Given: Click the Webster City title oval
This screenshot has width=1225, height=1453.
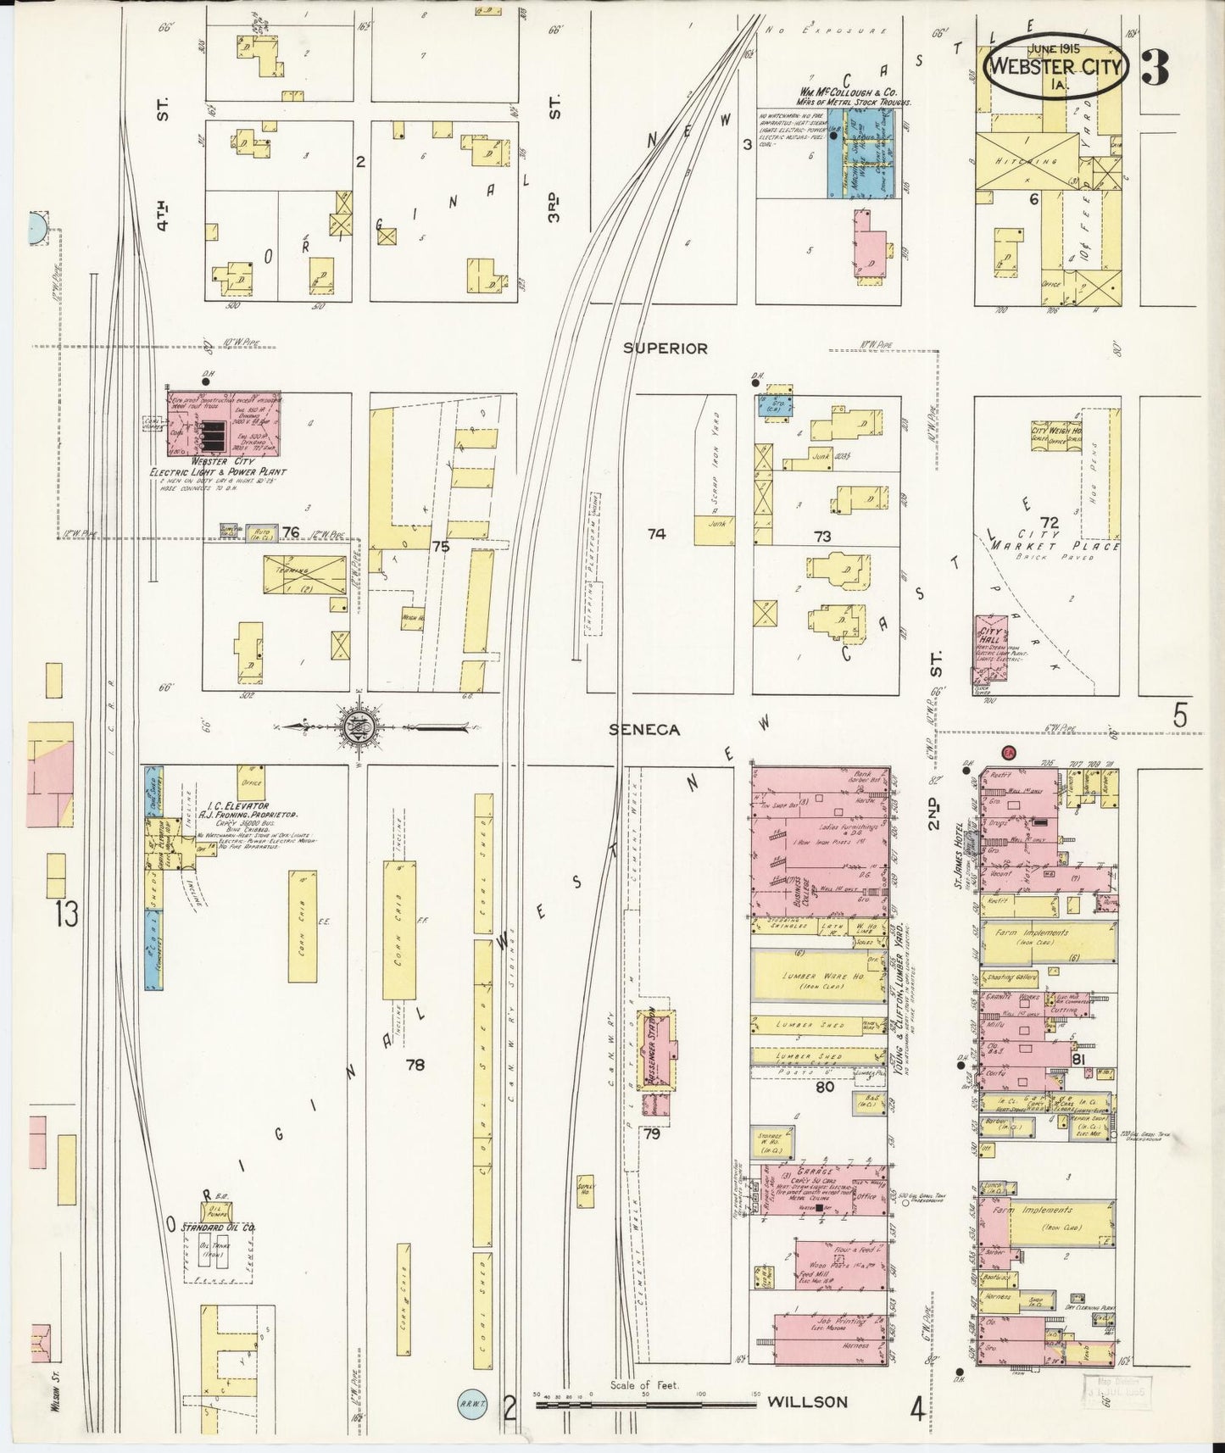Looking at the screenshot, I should point(1055,69).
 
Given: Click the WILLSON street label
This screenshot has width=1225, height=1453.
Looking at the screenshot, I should point(806,1402).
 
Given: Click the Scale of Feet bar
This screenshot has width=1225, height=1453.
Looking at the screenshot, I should point(644,1404).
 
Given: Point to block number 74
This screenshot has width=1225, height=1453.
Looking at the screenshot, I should point(656,534).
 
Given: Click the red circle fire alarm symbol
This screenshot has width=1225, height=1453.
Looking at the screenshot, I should point(1009,752).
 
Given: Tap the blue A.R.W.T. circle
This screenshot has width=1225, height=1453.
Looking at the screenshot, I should point(471,1402).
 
